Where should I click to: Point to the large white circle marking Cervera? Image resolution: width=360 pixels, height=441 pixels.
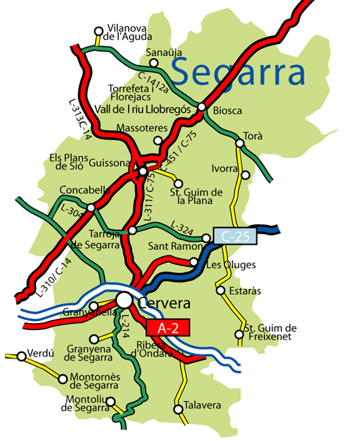point(124,299)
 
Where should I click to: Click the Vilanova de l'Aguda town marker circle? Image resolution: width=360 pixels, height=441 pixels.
point(99,30)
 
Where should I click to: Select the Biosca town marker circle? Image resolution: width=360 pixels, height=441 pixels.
point(201,106)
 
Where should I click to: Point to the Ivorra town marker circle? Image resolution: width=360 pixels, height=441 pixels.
point(246,175)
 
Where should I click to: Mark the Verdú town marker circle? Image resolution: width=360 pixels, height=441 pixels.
point(20,354)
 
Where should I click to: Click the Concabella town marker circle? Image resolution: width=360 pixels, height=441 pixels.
point(91,207)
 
